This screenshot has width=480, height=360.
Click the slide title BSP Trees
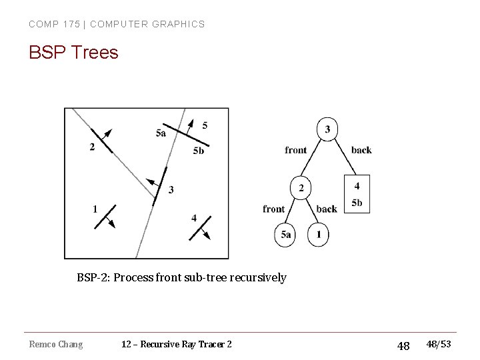[73, 52]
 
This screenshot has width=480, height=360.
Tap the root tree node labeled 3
[327, 129]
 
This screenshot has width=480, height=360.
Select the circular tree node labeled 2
[301, 189]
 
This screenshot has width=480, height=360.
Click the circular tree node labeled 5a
[285, 235]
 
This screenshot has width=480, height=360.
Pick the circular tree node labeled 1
[319, 235]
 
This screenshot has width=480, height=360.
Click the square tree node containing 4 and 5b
[357, 194]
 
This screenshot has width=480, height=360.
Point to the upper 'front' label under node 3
[296, 150]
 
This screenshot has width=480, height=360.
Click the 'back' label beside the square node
[361, 150]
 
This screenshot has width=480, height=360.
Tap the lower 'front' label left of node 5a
[274, 209]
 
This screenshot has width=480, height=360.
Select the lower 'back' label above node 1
[327, 209]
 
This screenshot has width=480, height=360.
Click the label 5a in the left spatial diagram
[161, 133]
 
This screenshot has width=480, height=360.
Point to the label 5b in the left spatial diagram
[198, 151]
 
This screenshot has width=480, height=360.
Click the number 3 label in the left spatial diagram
[171, 190]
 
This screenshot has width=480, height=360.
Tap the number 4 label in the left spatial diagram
[194, 218]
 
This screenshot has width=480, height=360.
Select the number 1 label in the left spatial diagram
[95, 209]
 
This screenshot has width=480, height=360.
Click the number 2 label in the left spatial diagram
[92, 147]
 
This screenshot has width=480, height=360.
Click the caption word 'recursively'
[258, 277]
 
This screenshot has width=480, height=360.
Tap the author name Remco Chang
[56, 344]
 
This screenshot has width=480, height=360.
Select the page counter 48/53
[438, 344]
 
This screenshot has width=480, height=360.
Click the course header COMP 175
[53, 24]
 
